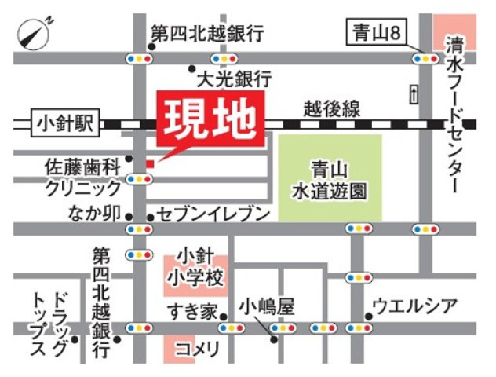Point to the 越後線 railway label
[331, 108]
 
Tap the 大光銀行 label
[233, 79]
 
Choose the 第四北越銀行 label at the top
[206, 34]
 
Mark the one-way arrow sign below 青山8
[413, 93]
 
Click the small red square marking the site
[149, 163]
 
